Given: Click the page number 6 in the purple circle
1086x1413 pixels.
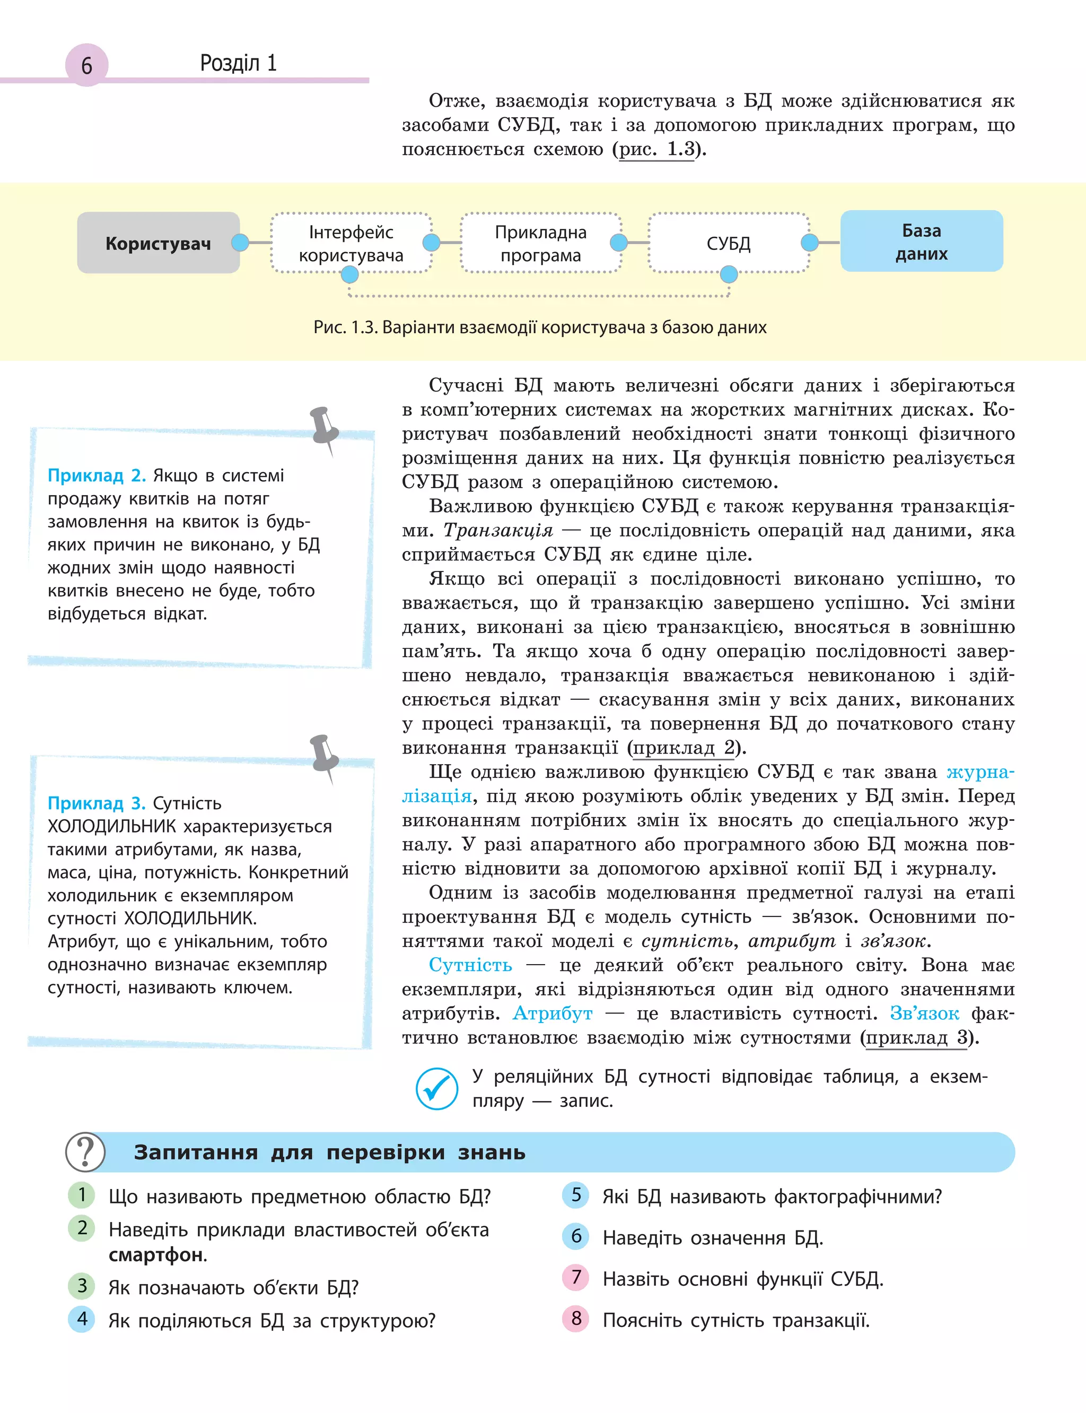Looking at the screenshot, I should pos(86,65).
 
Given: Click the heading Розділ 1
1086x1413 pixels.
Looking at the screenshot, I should pos(238,63).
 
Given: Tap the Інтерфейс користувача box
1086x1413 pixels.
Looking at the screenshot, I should pos(351,243).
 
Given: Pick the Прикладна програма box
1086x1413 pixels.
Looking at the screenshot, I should pos(540,243).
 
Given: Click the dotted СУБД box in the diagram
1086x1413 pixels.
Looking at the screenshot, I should pos(729,243).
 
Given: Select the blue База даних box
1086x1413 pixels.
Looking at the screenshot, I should pos(921,241).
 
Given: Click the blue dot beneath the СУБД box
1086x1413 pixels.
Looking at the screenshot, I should pos(729,274).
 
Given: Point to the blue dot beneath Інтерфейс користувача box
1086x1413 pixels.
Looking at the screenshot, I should pos(350,275).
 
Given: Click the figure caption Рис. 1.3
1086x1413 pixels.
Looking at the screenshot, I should pos(540,327).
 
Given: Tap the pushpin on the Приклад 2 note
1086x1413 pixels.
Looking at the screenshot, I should pos(324,427).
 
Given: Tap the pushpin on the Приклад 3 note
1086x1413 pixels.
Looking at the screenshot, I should pos(324,755).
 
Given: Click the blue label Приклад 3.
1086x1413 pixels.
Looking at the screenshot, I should pos(97,803).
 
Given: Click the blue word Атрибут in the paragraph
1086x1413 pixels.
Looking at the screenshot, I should pos(552,1013).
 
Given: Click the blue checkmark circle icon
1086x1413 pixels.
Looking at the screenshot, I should pos(437,1089).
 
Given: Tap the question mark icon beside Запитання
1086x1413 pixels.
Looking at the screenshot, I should pos(85,1152).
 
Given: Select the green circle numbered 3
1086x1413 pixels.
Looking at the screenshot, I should pos(82,1286).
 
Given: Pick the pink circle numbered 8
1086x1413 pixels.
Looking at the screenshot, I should pos(576,1319).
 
